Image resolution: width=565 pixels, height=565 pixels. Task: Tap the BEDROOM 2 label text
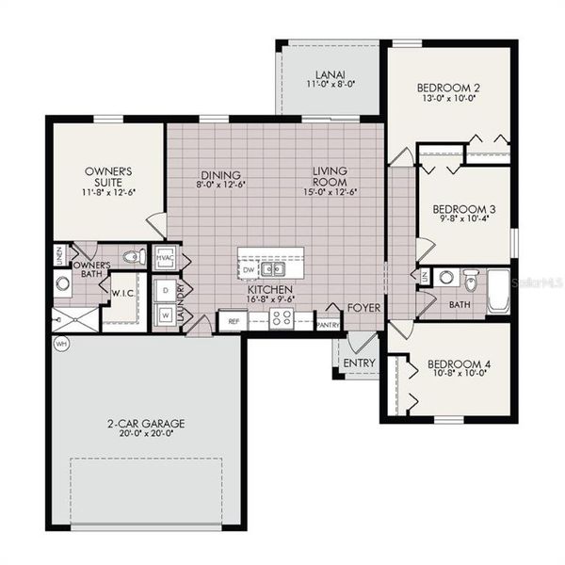click(449, 89)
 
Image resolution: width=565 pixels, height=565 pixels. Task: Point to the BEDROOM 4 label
click(459, 363)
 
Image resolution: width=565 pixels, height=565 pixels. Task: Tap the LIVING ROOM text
click(331, 175)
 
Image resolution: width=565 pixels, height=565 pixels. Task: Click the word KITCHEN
click(269, 291)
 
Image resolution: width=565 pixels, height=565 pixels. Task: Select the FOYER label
click(363, 307)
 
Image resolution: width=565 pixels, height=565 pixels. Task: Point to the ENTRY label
click(359, 363)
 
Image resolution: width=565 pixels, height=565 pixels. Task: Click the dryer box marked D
click(165, 290)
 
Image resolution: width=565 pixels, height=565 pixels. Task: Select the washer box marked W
click(165, 315)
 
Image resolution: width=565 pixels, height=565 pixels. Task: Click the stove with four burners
click(281, 319)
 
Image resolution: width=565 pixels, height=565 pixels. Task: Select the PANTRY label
click(328, 325)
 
